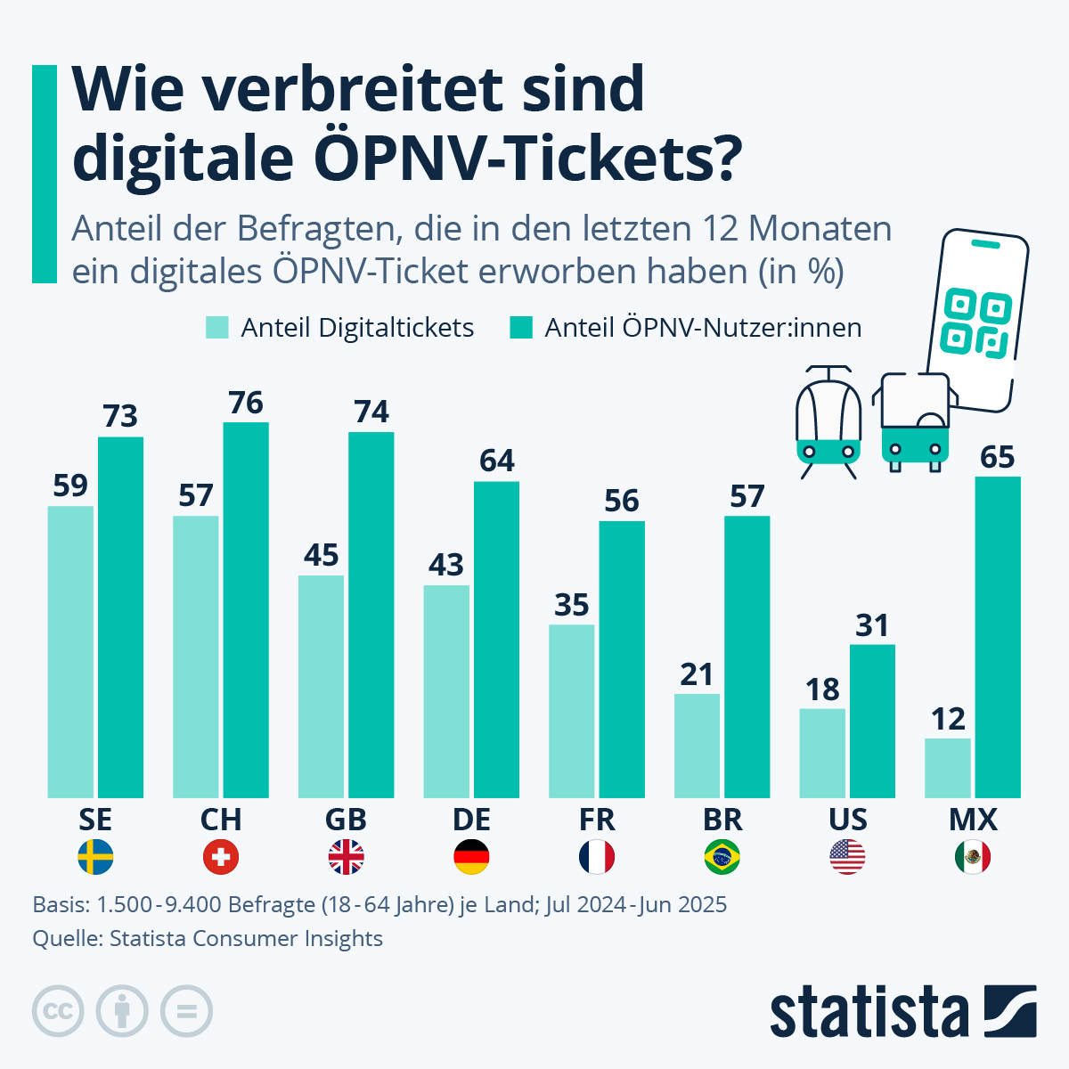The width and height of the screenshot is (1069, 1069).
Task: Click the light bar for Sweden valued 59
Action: (70, 651)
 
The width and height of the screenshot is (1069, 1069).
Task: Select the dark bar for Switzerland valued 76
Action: (246, 609)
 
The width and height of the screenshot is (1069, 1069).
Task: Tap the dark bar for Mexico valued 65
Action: (998, 637)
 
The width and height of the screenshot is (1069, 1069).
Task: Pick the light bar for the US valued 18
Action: (822, 753)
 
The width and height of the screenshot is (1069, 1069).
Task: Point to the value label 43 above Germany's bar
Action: (446, 565)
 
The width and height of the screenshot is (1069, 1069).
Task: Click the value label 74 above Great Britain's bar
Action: (371, 412)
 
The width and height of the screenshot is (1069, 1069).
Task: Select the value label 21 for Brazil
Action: (697, 674)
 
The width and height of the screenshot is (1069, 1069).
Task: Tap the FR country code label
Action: (596, 820)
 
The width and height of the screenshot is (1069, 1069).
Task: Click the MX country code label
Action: (973, 820)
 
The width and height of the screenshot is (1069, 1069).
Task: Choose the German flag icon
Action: (471, 857)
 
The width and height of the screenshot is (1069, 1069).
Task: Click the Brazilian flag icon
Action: (722, 857)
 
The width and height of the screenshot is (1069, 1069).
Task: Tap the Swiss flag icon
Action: (221, 857)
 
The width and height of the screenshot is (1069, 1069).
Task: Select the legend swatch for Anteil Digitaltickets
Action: (217, 328)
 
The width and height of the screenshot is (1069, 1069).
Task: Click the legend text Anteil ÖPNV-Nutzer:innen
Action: (703, 328)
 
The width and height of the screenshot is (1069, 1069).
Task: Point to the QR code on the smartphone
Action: (977, 322)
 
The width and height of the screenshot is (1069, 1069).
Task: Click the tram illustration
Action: (828, 419)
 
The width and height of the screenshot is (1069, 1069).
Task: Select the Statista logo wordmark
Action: (869, 1013)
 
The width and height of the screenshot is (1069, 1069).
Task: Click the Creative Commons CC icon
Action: (59, 1012)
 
